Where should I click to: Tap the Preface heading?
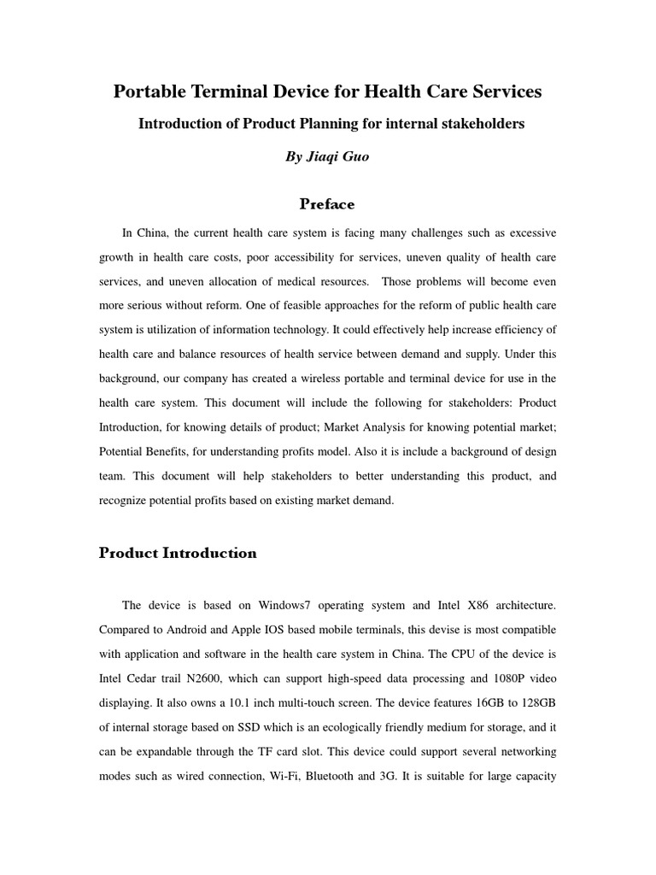coord(327,204)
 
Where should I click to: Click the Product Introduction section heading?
coord(178,553)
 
